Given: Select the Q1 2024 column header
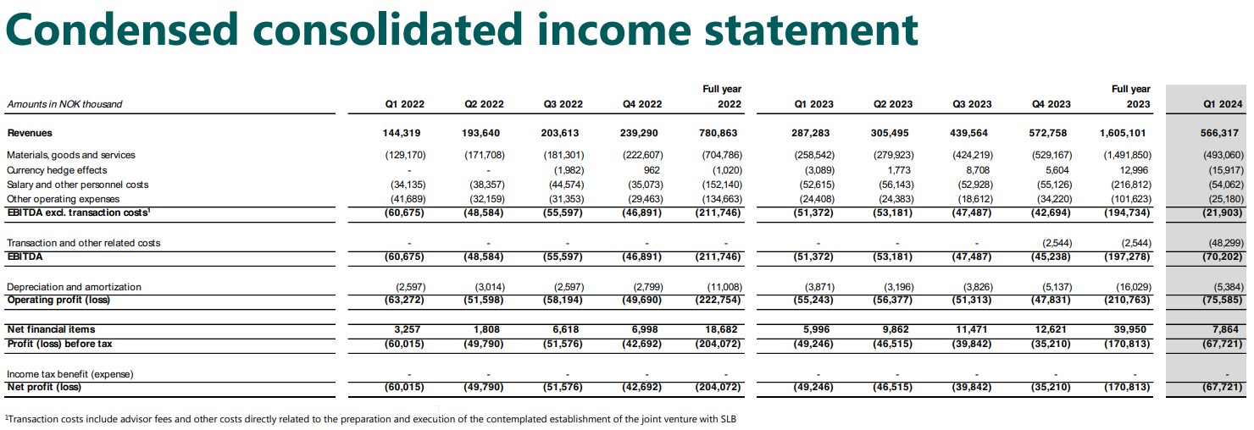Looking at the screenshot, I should click(x=1223, y=104).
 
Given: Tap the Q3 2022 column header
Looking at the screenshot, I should click(x=563, y=104).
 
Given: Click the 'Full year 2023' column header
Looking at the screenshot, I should click(x=1131, y=96).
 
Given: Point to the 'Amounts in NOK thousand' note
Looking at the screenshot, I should click(x=64, y=104).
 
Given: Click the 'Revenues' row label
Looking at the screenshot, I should click(x=30, y=133).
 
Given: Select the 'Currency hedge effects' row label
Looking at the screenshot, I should click(x=57, y=170).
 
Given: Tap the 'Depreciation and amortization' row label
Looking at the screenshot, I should click(x=74, y=287).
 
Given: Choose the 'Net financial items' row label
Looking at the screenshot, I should click(x=51, y=329).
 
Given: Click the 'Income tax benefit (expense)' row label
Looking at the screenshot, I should click(x=70, y=373).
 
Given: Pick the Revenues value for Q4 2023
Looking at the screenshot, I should click(x=1051, y=133).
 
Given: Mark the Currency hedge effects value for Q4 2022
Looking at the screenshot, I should click(x=652, y=170).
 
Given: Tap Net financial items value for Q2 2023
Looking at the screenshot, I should click(x=896, y=329).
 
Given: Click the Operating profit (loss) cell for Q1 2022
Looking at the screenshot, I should click(x=403, y=300).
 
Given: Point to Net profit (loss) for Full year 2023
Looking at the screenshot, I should click(x=1129, y=387).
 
